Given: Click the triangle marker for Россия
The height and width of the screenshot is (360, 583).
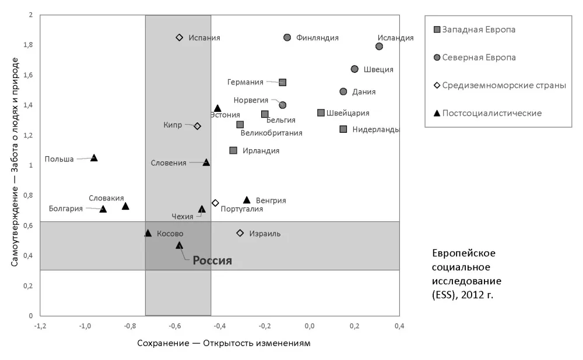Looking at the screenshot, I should tap(180, 245).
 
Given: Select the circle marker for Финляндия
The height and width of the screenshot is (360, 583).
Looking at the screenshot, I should tap(287, 37).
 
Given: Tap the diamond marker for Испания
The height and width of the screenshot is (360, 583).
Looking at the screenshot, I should tap(180, 37).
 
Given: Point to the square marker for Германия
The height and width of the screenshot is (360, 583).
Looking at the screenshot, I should tap(283, 82).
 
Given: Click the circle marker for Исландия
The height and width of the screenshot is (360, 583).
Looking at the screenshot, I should tap(379, 46).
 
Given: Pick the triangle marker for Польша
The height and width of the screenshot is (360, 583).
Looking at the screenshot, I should tap(94, 158).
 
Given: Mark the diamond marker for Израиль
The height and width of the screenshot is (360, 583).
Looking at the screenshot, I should tap(240, 233).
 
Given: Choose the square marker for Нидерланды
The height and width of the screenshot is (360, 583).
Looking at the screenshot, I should tap(343, 129).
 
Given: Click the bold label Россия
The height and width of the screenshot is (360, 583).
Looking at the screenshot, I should tap(212, 261).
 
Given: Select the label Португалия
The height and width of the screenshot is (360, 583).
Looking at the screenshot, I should tap(242, 209).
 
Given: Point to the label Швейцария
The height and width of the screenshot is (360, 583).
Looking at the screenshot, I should tap(347, 112).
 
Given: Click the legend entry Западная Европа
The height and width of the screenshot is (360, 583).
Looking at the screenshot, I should tap(479, 29).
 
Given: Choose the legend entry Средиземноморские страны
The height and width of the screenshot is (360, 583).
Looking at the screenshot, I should tap(504, 85).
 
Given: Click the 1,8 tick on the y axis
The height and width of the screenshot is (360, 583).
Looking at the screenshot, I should tap(28, 45).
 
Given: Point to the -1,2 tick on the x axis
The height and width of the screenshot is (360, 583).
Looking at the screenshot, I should tap(40, 326).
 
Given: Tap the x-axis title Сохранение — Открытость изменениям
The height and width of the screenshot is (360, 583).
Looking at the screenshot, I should tap(224, 343).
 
